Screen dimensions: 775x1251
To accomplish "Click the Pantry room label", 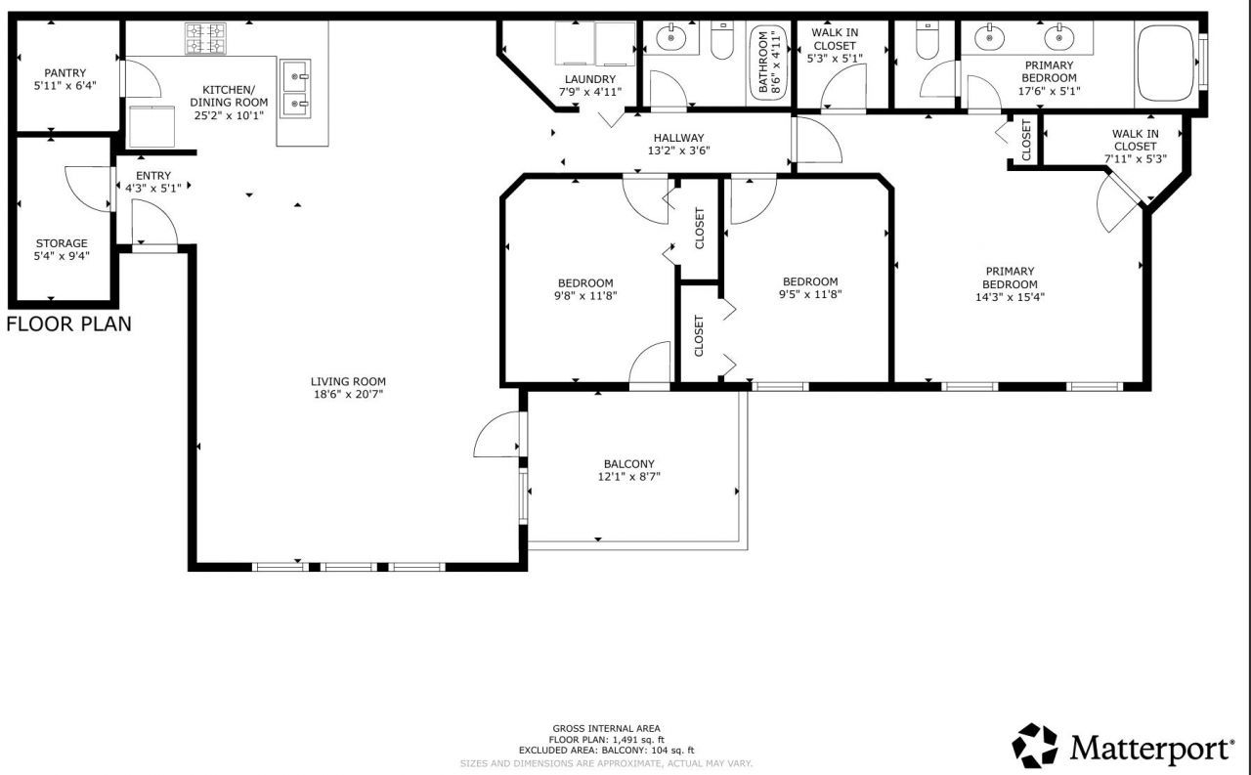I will point(65,73).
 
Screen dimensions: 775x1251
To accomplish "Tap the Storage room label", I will point(62,243).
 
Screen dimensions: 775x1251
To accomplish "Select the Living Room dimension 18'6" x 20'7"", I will point(348,395).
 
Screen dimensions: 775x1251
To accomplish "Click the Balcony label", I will point(628,464).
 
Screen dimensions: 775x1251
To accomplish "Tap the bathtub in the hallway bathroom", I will point(766,63).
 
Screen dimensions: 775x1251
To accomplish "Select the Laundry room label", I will point(590,79).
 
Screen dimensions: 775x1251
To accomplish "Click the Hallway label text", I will point(678,138).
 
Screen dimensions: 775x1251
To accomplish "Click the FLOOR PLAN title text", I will point(68,323).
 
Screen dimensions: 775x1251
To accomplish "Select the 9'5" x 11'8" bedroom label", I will point(809,281).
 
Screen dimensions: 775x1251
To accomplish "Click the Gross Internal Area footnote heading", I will point(606,728).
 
